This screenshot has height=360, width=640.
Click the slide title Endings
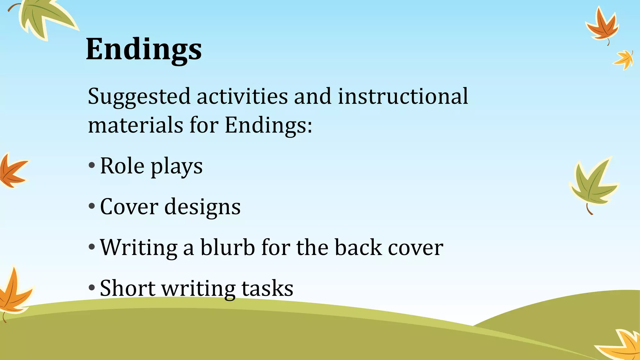pos(144,49)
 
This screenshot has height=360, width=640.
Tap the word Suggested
pos(139,97)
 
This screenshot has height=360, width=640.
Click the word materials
pos(135,125)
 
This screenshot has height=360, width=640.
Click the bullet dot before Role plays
pos(92,166)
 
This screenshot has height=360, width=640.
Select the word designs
pos(202,207)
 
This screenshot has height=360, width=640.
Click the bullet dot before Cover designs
pos(92,206)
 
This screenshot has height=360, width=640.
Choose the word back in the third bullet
pos(358,247)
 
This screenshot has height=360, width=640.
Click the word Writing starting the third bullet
pos(138,247)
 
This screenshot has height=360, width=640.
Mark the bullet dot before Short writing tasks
pos(92,287)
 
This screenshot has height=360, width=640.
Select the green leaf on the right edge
pos(592,184)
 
